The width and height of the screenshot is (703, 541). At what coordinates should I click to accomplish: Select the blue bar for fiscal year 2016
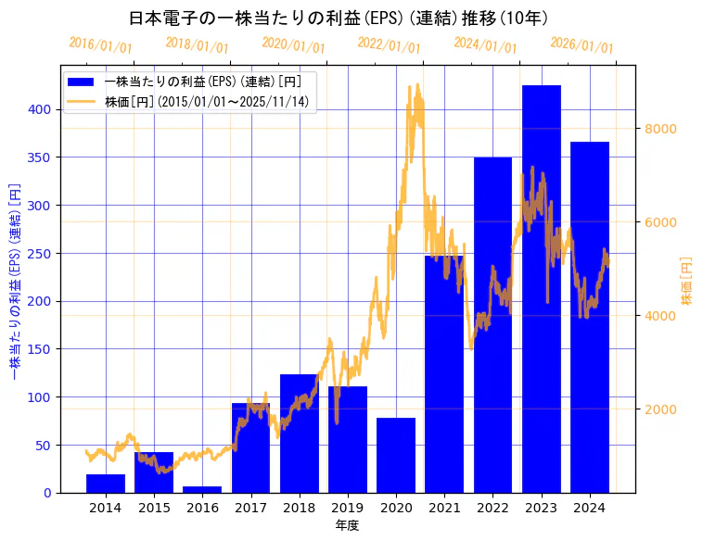click(202, 489)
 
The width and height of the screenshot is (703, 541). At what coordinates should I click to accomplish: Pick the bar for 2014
click(106, 484)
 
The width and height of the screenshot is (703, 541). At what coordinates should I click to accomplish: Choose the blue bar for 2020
click(396, 455)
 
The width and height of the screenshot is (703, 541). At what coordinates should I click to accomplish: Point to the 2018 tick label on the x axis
click(299, 508)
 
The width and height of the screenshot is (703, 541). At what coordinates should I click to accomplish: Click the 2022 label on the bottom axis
click(492, 508)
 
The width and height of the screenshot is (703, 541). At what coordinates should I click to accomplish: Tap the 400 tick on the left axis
click(42, 109)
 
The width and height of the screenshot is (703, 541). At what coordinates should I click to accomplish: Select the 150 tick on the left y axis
click(42, 349)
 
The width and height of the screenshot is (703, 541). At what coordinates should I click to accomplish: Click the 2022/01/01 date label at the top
click(389, 44)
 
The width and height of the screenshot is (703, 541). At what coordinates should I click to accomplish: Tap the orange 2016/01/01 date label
click(100, 44)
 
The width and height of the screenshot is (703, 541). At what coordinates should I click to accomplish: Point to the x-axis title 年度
click(347, 525)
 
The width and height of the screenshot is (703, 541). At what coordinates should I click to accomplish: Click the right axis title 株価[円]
click(687, 282)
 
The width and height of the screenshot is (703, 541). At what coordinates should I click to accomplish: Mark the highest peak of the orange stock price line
click(416, 85)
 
